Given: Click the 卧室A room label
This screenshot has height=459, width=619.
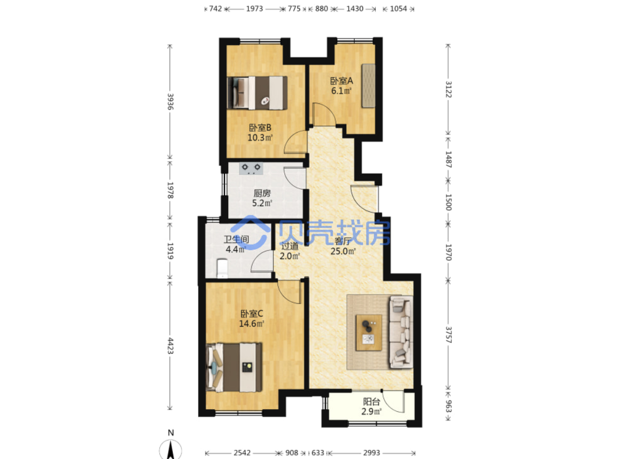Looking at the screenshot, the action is (341, 81).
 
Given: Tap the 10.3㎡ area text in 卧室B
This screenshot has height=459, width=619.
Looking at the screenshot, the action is (260, 138).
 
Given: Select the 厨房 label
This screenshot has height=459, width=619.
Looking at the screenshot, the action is (262, 193).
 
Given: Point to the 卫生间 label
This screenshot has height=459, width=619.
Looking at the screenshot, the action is (236, 240).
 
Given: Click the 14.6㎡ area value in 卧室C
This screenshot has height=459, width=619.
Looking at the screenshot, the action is (251, 324).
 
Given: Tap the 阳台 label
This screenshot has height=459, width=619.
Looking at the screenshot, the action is (372, 402).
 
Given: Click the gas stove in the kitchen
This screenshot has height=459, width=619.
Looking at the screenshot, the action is (251, 169).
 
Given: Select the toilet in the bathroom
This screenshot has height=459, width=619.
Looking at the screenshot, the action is (223, 268).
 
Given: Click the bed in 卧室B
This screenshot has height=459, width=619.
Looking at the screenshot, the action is (257, 93).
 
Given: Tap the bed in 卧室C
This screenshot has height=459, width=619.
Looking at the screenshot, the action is (234, 367).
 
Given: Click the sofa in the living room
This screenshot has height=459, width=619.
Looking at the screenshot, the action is (401, 332).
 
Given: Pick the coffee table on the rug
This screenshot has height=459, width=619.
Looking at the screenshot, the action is (369, 333).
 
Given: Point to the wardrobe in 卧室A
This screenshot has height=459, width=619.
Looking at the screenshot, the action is (369, 86).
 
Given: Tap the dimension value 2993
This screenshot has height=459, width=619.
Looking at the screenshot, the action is (372, 452).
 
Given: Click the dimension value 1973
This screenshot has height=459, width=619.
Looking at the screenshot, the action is (254, 9).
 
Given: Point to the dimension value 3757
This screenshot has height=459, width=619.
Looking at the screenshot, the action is (448, 335).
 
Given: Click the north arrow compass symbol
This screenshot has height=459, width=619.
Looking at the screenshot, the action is (171, 448).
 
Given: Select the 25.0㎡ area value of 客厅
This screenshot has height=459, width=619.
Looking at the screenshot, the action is (343, 251).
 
